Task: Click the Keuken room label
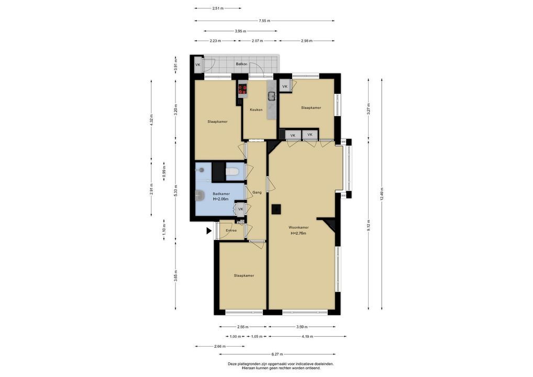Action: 256,110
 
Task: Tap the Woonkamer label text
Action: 298,227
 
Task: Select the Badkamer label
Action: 221,194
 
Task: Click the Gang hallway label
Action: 257,192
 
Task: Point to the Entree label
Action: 231,230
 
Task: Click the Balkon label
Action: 242,64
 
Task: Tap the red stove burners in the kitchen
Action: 242,90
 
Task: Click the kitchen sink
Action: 272,96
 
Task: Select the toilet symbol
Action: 232,171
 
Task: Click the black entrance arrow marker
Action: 209,231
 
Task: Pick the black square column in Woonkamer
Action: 276,209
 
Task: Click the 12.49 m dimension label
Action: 382,194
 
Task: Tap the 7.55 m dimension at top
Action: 264,21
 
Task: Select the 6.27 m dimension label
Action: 277,354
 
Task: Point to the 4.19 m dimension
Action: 307,337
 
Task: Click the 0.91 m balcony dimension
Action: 175,64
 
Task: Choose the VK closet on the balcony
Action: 198,64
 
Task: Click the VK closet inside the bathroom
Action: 241,209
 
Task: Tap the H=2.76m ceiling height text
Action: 298,233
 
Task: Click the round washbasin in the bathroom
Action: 199,195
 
